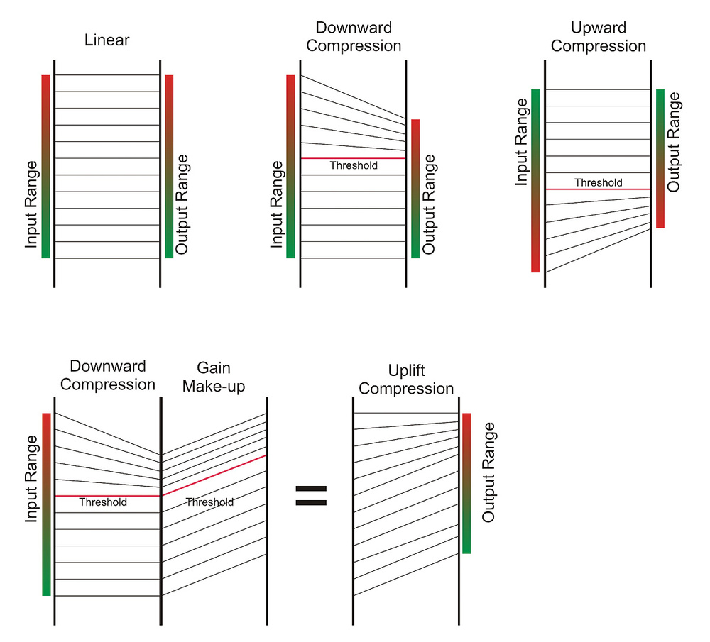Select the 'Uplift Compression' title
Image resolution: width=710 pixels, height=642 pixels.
tap(411, 380)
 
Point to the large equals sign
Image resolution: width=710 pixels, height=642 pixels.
tap(311, 496)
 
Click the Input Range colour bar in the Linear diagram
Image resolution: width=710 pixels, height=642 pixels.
tap(45, 167)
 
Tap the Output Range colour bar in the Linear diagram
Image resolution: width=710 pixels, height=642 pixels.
tap(169, 167)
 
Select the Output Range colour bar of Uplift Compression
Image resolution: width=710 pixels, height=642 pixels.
tap(466, 482)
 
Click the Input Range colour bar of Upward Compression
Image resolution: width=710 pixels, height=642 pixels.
tap(535, 181)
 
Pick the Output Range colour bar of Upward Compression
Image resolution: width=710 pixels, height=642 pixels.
tap(660, 158)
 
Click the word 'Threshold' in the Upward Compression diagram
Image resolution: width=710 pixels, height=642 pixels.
tap(598, 182)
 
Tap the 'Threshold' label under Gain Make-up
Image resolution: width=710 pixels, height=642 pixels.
tap(209, 502)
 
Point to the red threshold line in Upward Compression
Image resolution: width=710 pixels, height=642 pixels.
tap(598, 189)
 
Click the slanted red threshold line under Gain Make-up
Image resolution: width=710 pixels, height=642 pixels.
tap(214, 475)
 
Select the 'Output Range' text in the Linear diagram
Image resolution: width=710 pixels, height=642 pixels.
tap(182, 204)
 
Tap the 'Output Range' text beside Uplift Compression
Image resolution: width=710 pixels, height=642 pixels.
tap(488, 472)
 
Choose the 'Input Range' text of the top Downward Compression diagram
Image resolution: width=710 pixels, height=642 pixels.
tap(277, 204)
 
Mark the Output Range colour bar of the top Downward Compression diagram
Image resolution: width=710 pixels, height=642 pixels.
tap(415, 188)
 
